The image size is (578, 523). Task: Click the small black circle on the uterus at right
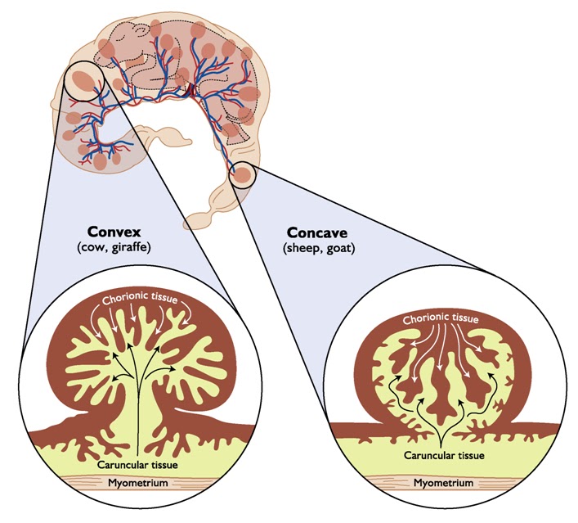243,174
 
